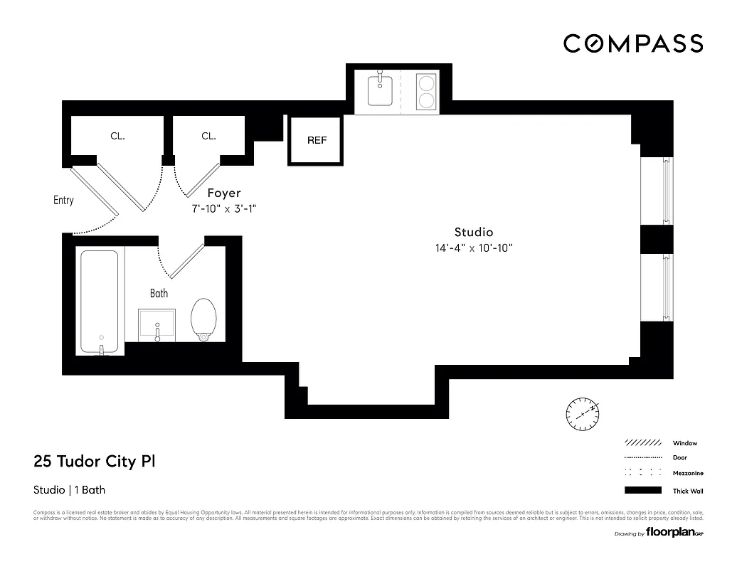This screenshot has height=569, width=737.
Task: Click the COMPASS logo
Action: pos(633,43)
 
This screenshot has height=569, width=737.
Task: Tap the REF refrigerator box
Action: pos(317,140)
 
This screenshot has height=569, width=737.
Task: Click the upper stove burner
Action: pos(426,82)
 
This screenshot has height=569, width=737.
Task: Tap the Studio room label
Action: pos(474,232)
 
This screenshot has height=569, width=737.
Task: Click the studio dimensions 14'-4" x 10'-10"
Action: pos(474,248)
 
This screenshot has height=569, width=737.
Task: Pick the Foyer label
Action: pos(223,193)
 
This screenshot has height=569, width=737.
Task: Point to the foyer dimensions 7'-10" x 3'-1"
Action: pos(223,208)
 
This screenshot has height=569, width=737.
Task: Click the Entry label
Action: pos(63,201)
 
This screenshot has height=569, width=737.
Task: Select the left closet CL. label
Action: pos(117,136)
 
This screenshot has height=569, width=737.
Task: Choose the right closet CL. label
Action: pos(208,136)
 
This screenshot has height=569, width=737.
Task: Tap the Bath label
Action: pos(159,293)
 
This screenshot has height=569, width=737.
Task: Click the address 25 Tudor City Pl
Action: pos(95,462)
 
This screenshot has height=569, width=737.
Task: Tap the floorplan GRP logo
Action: pos(672,533)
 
